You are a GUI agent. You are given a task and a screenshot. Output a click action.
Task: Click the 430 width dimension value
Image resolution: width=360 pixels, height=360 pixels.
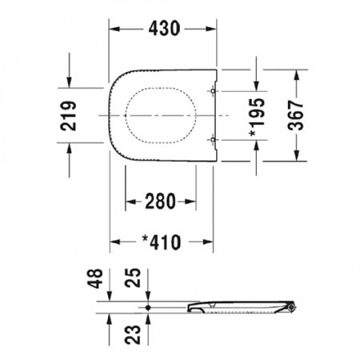(164, 29)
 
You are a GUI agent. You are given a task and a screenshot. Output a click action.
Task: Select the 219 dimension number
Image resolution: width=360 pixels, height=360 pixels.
(69, 116)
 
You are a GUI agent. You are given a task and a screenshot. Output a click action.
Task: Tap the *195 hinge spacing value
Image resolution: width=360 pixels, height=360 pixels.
(257, 118)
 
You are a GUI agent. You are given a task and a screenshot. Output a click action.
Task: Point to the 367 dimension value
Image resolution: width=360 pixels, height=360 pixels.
(296, 115)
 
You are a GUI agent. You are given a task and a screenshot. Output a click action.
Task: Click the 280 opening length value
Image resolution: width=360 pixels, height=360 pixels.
(160, 202)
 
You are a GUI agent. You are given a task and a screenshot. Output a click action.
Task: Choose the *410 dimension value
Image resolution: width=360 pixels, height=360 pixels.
(162, 242)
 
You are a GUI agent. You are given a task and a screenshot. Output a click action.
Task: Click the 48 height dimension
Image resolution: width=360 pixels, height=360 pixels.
(95, 278)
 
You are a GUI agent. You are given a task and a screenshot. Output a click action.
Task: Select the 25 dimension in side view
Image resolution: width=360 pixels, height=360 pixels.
(133, 278)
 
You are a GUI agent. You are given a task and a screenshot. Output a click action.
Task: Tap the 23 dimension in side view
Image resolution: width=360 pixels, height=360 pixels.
(133, 334)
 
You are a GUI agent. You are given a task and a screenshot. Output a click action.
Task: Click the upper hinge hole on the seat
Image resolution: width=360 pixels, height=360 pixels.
(213, 91)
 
